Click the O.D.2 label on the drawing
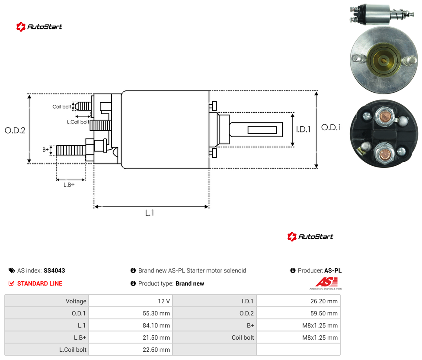pyautogui.click(x=15, y=130)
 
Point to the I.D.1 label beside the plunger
pyautogui.click(x=304, y=129)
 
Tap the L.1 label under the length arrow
pyautogui.click(x=150, y=213)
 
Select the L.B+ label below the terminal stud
pyautogui.click(x=69, y=185)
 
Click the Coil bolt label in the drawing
pyautogui.click(x=62, y=106)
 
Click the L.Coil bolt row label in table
pyautogui.click(x=73, y=350)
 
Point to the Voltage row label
pyautogui.click(x=76, y=301)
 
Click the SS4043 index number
pyautogui.click(x=54, y=270)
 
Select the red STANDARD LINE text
pyautogui.click(x=40, y=283)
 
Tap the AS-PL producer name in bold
pyautogui.click(x=333, y=270)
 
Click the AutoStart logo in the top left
pyautogui.click(x=39, y=27)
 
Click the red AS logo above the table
pyautogui.click(x=326, y=282)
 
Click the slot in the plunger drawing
pyautogui.click(x=262, y=130)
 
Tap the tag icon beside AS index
pyautogui.click(x=12, y=270)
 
